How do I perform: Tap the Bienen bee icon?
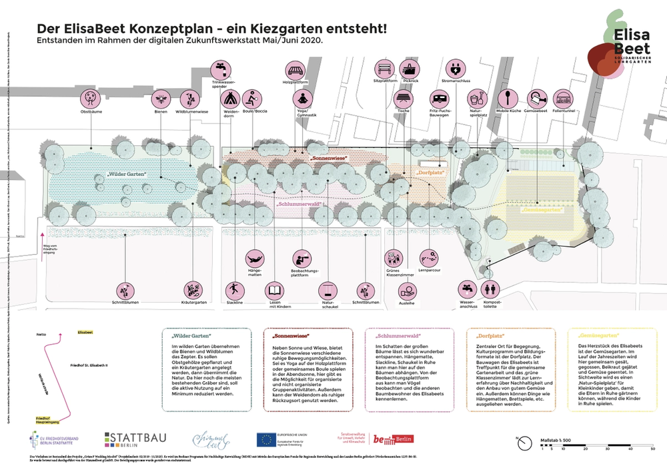(161, 99)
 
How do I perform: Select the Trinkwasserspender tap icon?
(220, 69)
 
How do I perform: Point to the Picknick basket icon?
(410, 69)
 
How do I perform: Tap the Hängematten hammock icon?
(255, 256)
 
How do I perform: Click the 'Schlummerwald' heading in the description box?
(398, 337)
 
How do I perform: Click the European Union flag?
(267, 439)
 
